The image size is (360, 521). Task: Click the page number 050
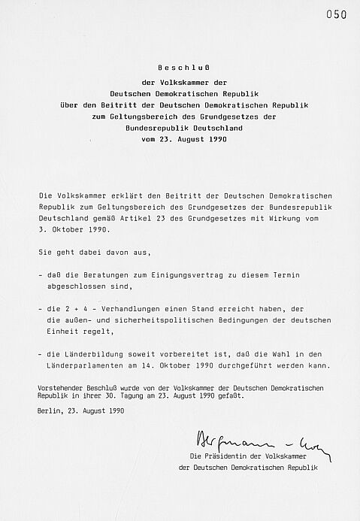tap(337, 14)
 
